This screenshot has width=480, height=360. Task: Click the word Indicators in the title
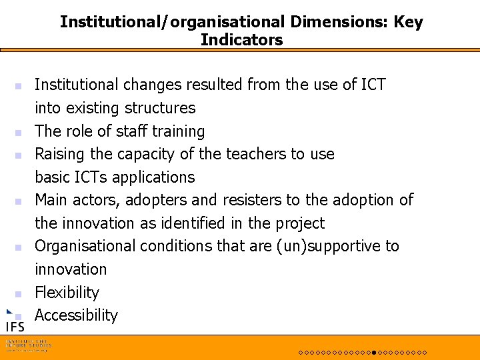(241, 40)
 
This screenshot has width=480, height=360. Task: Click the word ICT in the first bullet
(373, 85)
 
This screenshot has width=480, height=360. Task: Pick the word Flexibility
(67, 293)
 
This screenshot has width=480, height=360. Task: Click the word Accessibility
(76, 315)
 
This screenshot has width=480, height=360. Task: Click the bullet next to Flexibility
(19, 293)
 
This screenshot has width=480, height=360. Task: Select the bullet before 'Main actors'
(19, 201)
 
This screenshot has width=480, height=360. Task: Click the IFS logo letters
(15, 327)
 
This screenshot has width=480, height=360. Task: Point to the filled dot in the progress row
(375, 352)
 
